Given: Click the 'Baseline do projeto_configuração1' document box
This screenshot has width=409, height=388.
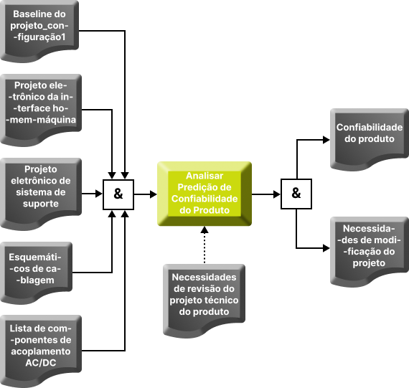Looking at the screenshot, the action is pos(39,31).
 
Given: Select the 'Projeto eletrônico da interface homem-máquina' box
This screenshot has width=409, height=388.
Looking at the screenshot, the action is pos(41,110).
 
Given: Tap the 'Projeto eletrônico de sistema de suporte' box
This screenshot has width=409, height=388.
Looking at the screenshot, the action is pos(41,194).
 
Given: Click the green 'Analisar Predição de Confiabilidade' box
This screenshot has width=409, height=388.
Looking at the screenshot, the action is pos(204,194).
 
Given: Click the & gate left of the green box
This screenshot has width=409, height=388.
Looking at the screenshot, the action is pos(118,194).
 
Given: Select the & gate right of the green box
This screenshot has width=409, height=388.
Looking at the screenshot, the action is pos(296,194).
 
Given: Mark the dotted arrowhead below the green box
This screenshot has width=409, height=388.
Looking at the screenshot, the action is pos(204,230).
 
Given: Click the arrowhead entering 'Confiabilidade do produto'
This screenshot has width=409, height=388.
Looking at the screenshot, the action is pos(326,140).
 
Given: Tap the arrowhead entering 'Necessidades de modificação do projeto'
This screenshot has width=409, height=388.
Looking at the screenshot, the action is pos(326,248).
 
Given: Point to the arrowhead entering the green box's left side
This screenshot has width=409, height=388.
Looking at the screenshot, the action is pos(154,194).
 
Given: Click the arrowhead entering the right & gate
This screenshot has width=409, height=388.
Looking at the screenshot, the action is pos(277,194).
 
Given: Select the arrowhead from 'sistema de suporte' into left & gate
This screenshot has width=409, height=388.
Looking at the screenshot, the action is pos(99,194).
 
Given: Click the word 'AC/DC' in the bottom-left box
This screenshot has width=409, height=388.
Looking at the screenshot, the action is pos(41,363).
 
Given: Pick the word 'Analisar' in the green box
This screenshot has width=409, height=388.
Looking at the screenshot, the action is pos(204,176).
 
